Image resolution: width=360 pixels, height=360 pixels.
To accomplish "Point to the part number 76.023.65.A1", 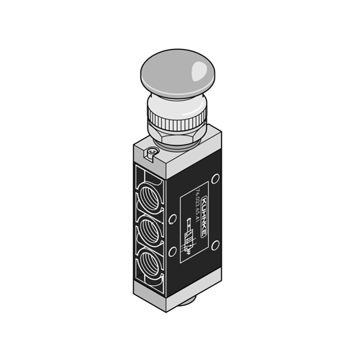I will tap(196, 206).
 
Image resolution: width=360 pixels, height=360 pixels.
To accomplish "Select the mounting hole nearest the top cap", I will tap(215, 180).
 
